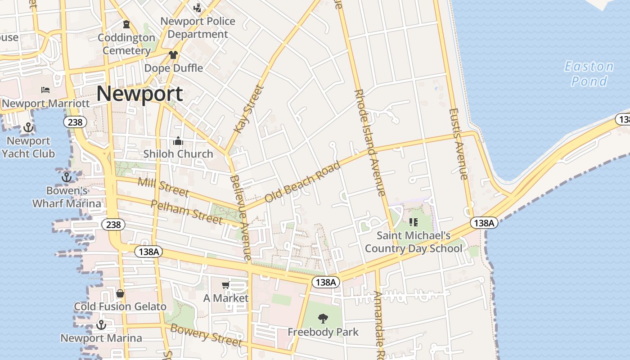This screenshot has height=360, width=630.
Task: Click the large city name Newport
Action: (x=139, y=94)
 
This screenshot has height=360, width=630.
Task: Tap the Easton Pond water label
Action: (x=589, y=74)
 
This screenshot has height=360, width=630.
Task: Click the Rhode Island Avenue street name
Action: (x=370, y=142)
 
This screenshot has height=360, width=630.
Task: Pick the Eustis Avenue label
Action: (x=459, y=144)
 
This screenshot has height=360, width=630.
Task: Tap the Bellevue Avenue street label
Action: (x=240, y=218)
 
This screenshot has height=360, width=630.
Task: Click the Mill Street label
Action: (x=163, y=187)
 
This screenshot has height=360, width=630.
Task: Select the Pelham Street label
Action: (x=186, y=212)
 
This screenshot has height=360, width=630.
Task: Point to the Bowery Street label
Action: (x=206, y=335)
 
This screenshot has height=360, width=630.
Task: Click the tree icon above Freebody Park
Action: (x=323, y=319)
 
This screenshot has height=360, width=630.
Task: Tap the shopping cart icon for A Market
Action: (x=225, y=285)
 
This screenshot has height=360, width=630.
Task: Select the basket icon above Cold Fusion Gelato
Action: (x=120, y=293)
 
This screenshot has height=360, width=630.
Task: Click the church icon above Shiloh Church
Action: (x=178, y=141)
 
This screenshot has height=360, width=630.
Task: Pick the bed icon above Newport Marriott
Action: (x=45, y=90)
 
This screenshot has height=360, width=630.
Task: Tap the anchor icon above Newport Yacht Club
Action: (x=28, y=127)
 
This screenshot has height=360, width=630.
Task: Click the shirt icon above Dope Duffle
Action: (x=173, y=55)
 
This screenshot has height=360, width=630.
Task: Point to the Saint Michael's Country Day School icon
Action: (x=414, y=222)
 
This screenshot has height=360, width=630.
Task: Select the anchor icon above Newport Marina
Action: (x=101, y=324)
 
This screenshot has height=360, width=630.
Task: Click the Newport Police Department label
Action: (x=198, y=27)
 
